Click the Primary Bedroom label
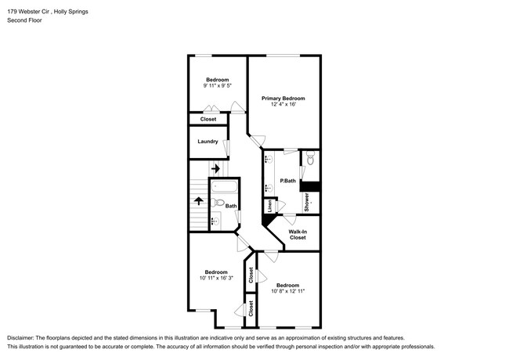tap(283, 98)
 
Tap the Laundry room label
tap(208, 142)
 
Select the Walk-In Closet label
tap(298, 234)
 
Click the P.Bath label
tap(287, 182)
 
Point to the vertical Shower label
tap(307, 201)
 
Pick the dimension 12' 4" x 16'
tap(283, 105)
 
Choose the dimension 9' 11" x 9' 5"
tap(217, 86)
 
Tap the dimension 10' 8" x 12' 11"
tap(287, 291)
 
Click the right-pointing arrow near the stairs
tap(215, 168)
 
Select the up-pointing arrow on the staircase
tap(200, 202)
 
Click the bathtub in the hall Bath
tap(223, 189)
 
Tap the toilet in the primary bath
tap(310, 160)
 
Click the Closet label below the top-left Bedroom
tap(208, 119)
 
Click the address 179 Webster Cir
tap(31, 10)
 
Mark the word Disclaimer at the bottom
tap(21, 336)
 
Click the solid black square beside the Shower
tap(311, 186)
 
